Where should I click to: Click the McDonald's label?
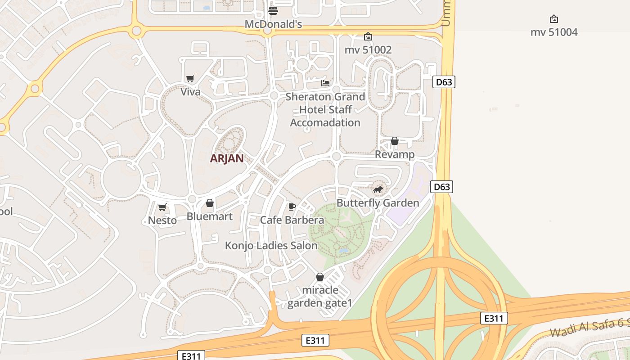point(273,24)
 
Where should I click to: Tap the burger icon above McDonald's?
point(273,10)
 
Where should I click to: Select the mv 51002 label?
point(368,49)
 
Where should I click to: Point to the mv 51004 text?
point(554,32)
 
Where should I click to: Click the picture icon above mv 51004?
point(554,19)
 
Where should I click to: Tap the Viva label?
point(190,92)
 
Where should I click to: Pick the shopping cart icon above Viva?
point(190,79)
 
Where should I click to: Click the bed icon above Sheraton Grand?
point(325,83)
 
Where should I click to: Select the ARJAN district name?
point(227,158)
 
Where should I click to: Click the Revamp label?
point(395,154)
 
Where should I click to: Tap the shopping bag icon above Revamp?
point(395,141)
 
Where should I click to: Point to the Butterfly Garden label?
point(378,203)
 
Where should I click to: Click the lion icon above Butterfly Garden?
point(378,190)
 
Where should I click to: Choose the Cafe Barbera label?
point(292,220)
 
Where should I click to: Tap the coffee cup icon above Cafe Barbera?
point(292,207)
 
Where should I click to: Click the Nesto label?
point(162,220)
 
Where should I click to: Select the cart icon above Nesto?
point(162,207)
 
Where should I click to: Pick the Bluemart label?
point(210,216)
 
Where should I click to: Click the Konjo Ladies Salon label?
point(271,246)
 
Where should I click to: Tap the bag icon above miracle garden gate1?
point(320,277)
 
